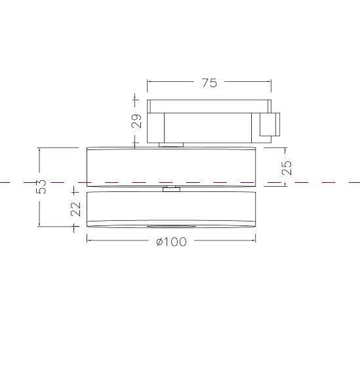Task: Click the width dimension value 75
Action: click(209, 83)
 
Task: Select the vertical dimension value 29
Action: click(136, 121)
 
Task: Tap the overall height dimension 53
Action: click(41, 186)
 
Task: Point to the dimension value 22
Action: click(75, 209)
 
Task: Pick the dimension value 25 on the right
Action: click(287, 167)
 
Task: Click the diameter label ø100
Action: click(171, 242)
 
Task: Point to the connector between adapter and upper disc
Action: click(171, 144)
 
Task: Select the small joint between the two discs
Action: click(171, 189)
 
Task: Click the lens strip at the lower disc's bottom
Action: click(171, 226)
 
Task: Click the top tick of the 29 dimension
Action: click(136, 100)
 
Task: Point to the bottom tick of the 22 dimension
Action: click(75, 227)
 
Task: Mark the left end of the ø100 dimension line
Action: click(88, 240)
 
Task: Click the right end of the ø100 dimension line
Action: click(255, 240)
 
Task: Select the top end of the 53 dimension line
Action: click(40, 149)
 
